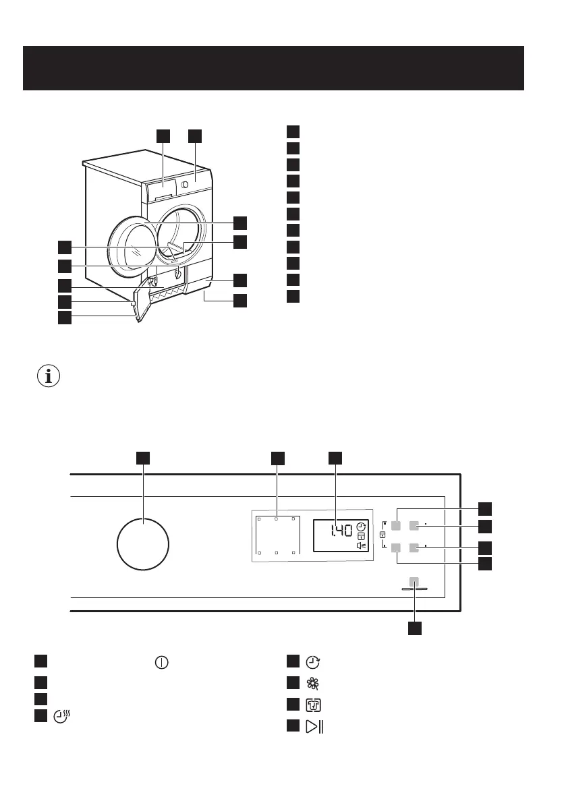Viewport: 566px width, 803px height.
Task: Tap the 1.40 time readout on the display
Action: pyautogui.click(x=341, y=531)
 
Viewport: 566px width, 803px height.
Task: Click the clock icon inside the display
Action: pyautogui.click(x=361, y=526)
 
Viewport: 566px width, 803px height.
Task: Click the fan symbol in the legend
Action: pyautogui.click(x=313, y=684)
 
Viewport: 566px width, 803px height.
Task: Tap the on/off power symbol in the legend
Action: pyautogui.click(x=161, y=661)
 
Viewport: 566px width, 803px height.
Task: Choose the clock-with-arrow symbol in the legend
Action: pyautogui.click(x=313, y=661)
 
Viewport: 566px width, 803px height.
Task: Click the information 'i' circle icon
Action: pyautogui.click(x=48, y=376)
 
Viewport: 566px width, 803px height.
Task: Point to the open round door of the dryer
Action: pyautogui.click(x=130, y=246)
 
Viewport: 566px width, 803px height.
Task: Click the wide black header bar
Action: pyautogui.click(x=273, y=68)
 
